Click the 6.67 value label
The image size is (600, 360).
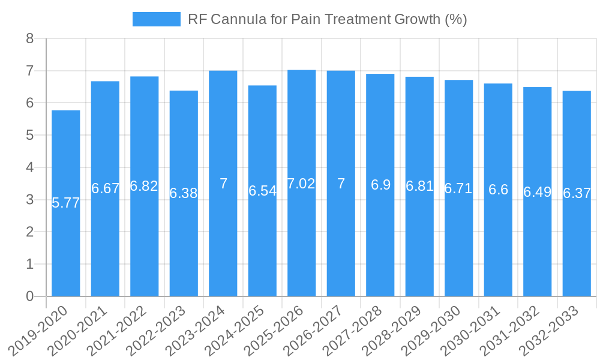click(106, 188)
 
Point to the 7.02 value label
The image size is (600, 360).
click(301, 184)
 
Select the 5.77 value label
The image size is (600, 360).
click(66, 203)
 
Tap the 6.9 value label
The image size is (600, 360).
click(380, 185)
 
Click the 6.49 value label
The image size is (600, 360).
click(538, 192)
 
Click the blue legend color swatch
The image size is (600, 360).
click(156, 19)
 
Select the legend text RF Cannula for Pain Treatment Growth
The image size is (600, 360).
click(327, 19)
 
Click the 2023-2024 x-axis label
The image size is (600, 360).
click(196, 330)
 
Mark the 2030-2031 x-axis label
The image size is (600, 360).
click(470, 330)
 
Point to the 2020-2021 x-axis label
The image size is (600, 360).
click(78, 330)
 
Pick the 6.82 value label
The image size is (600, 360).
click(144, 186)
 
